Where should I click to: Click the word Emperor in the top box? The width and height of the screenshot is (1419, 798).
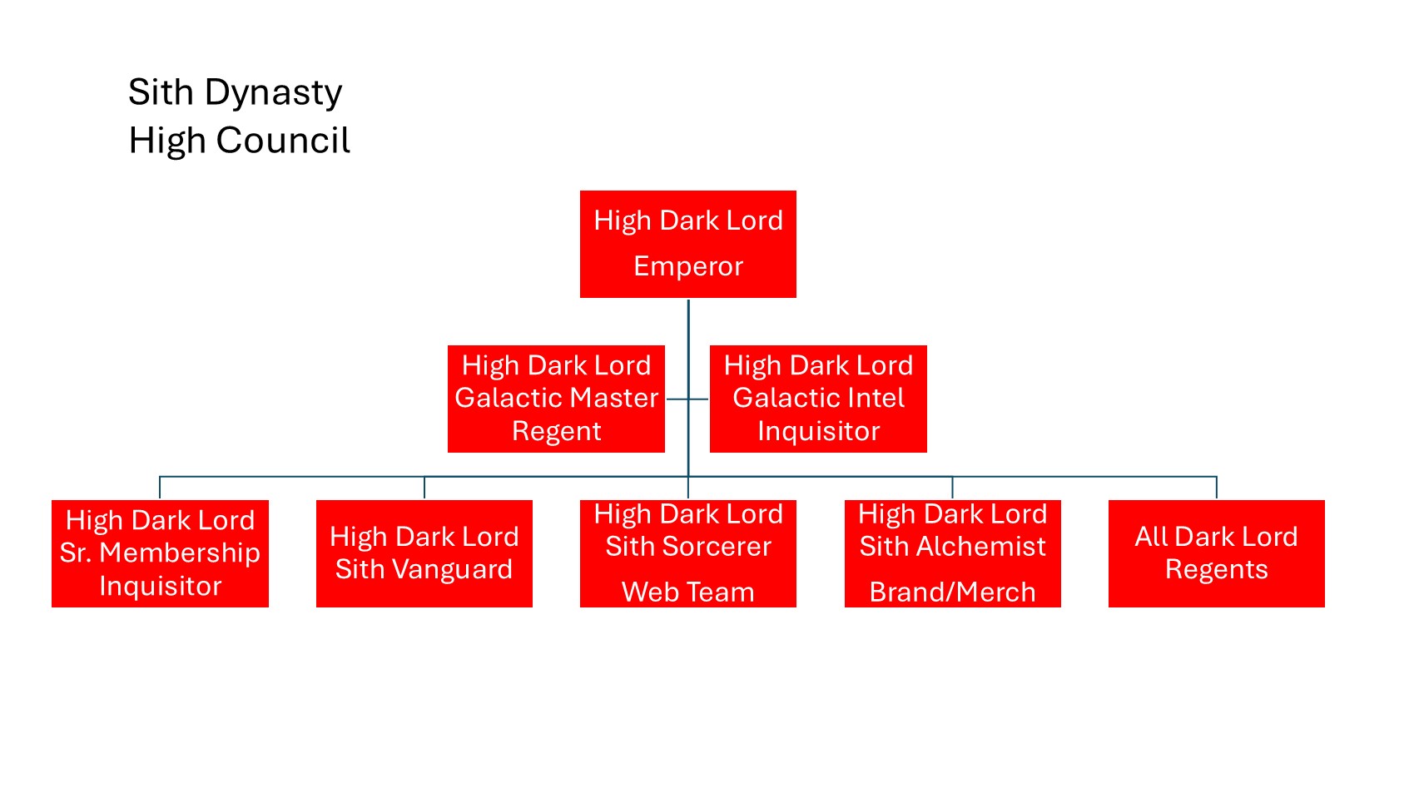[688, 266]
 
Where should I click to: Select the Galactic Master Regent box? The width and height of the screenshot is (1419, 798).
[556, 399]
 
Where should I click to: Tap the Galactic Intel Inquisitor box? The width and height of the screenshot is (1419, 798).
[818, 399]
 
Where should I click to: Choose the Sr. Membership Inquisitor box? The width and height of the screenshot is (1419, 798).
[160, 553]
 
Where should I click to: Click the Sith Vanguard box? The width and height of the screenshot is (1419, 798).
[424, 553]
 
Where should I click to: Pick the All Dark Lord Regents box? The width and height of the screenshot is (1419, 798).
[1216, 553]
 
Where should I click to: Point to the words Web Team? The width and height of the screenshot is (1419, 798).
[688, 592]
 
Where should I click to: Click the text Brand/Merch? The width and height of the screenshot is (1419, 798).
[952, 592]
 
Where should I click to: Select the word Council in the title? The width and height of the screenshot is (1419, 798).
[283, 141]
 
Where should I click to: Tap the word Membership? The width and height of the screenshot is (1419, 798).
[180, 553]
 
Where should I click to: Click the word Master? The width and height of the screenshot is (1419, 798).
[614, 398]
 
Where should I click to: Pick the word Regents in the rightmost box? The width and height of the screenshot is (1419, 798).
[1216, 569]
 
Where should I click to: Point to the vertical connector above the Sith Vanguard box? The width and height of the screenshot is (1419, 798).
[424, 488]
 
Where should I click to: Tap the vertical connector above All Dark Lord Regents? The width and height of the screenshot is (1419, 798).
[1217, 488]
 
